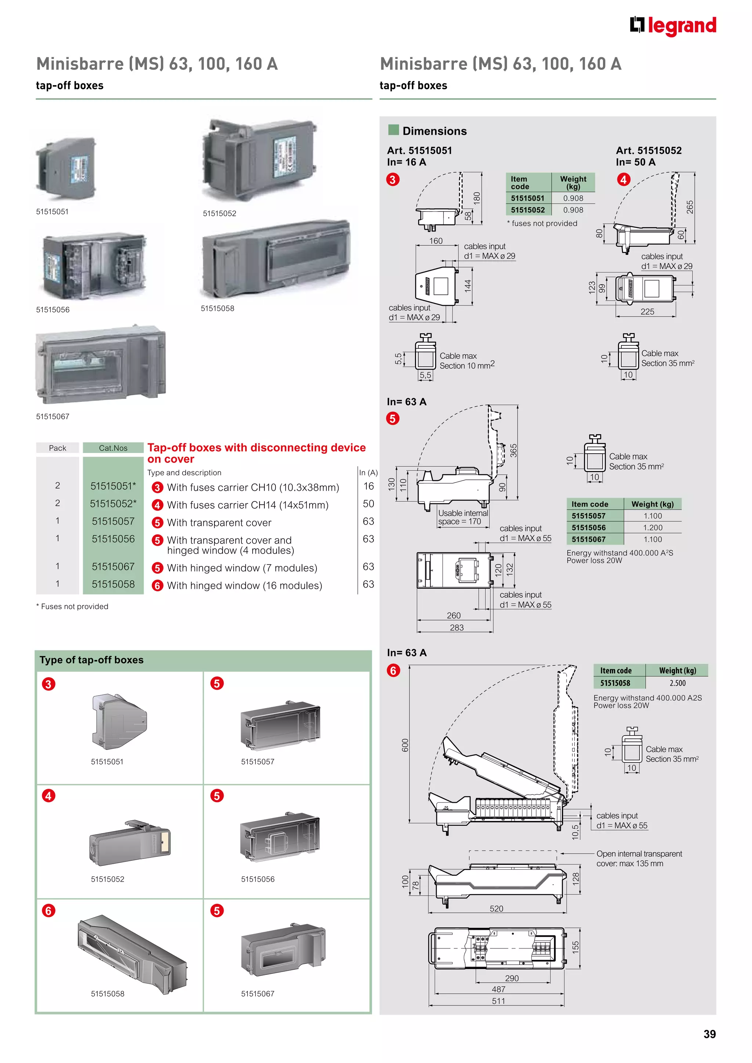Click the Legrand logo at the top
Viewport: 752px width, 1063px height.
click(x=672, y=26)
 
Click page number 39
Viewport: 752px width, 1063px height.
click(x=709, y=1034)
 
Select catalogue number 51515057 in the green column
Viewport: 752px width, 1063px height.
click(x=113, y=521)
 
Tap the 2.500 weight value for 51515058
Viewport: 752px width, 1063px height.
click(x=677, y=683)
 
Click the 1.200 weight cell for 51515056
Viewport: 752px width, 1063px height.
click(x=652, y=527)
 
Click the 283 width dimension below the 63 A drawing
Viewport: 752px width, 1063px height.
click(x=456, y=627)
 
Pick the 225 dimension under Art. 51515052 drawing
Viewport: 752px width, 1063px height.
click(x=647, y=312)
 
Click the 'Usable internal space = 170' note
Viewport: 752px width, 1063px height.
click(x=463, y=517)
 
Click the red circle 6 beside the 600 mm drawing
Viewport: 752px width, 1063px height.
click(x=393, y=670)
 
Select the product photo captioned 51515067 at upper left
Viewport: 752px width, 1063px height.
click(x=101, y=364)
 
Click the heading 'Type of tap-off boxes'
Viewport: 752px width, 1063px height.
click(x=92, y=660)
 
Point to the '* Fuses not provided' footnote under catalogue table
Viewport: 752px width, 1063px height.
click(x=72, y=606)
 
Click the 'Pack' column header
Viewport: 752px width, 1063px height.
click(x=57, y=448)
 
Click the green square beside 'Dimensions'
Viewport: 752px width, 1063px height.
click(x=394, y=130)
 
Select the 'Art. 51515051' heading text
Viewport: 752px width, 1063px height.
click(x=419, y=150)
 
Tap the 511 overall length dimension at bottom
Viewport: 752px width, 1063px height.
click(x=498, y=1001)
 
